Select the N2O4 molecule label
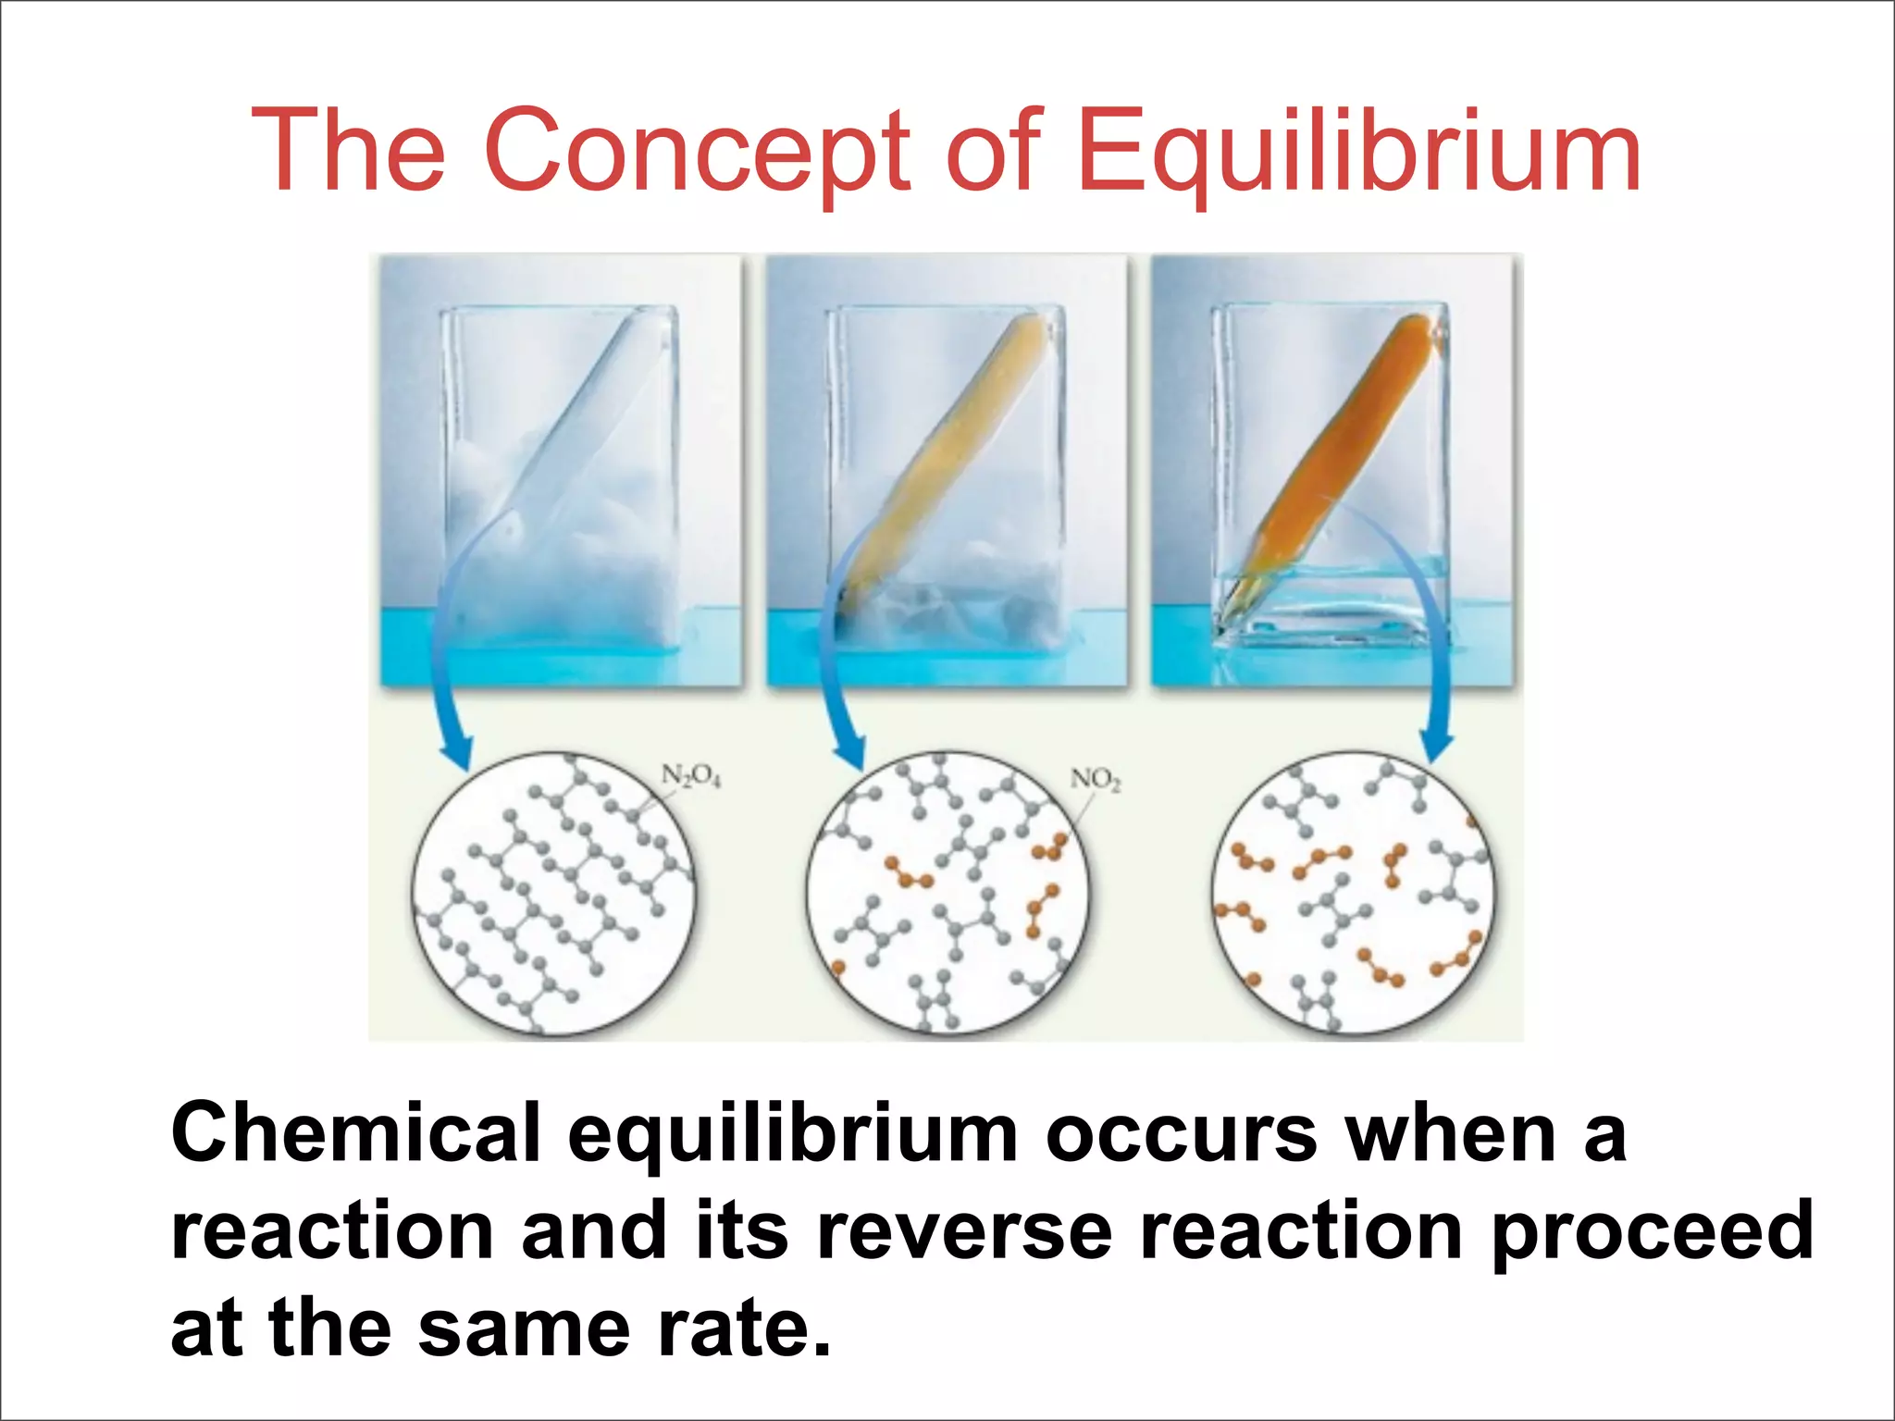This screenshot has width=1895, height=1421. pos(690,776)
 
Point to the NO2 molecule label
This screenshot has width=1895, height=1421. pos(1096,780)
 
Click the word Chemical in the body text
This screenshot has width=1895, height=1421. pos(356,1133)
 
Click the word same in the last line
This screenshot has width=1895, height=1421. pos(524,1328)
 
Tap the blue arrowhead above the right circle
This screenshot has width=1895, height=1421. pos(1436,745)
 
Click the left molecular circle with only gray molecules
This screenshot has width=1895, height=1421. pos(552,893)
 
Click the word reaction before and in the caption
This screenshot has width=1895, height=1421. pos(332,1230)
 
